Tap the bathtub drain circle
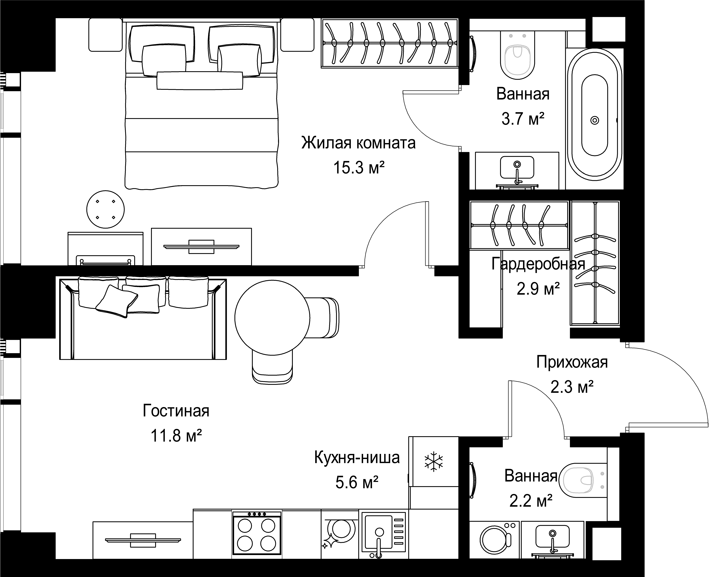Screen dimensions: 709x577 tap(595, 120)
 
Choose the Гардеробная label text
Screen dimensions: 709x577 tap(538, 264)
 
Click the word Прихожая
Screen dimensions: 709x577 tap(572, 362)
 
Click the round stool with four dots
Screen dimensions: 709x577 tap(105, 209)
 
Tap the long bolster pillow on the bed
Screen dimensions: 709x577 tap(200, 81)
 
